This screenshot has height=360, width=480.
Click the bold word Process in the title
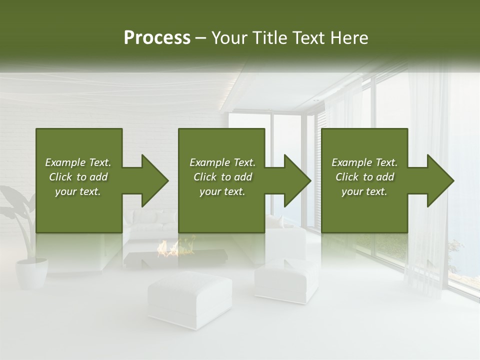pyautogui.click(x=157, y=38)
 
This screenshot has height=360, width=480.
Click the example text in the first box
pyautogui.click(x=78, y=177)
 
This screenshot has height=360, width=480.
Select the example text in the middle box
pyautogui.click(x=222, y=177)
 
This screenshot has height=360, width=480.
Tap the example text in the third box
pyautogui.click(x=364, y=177)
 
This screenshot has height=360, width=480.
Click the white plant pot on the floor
pyautogui.click(x=31, y=272)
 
